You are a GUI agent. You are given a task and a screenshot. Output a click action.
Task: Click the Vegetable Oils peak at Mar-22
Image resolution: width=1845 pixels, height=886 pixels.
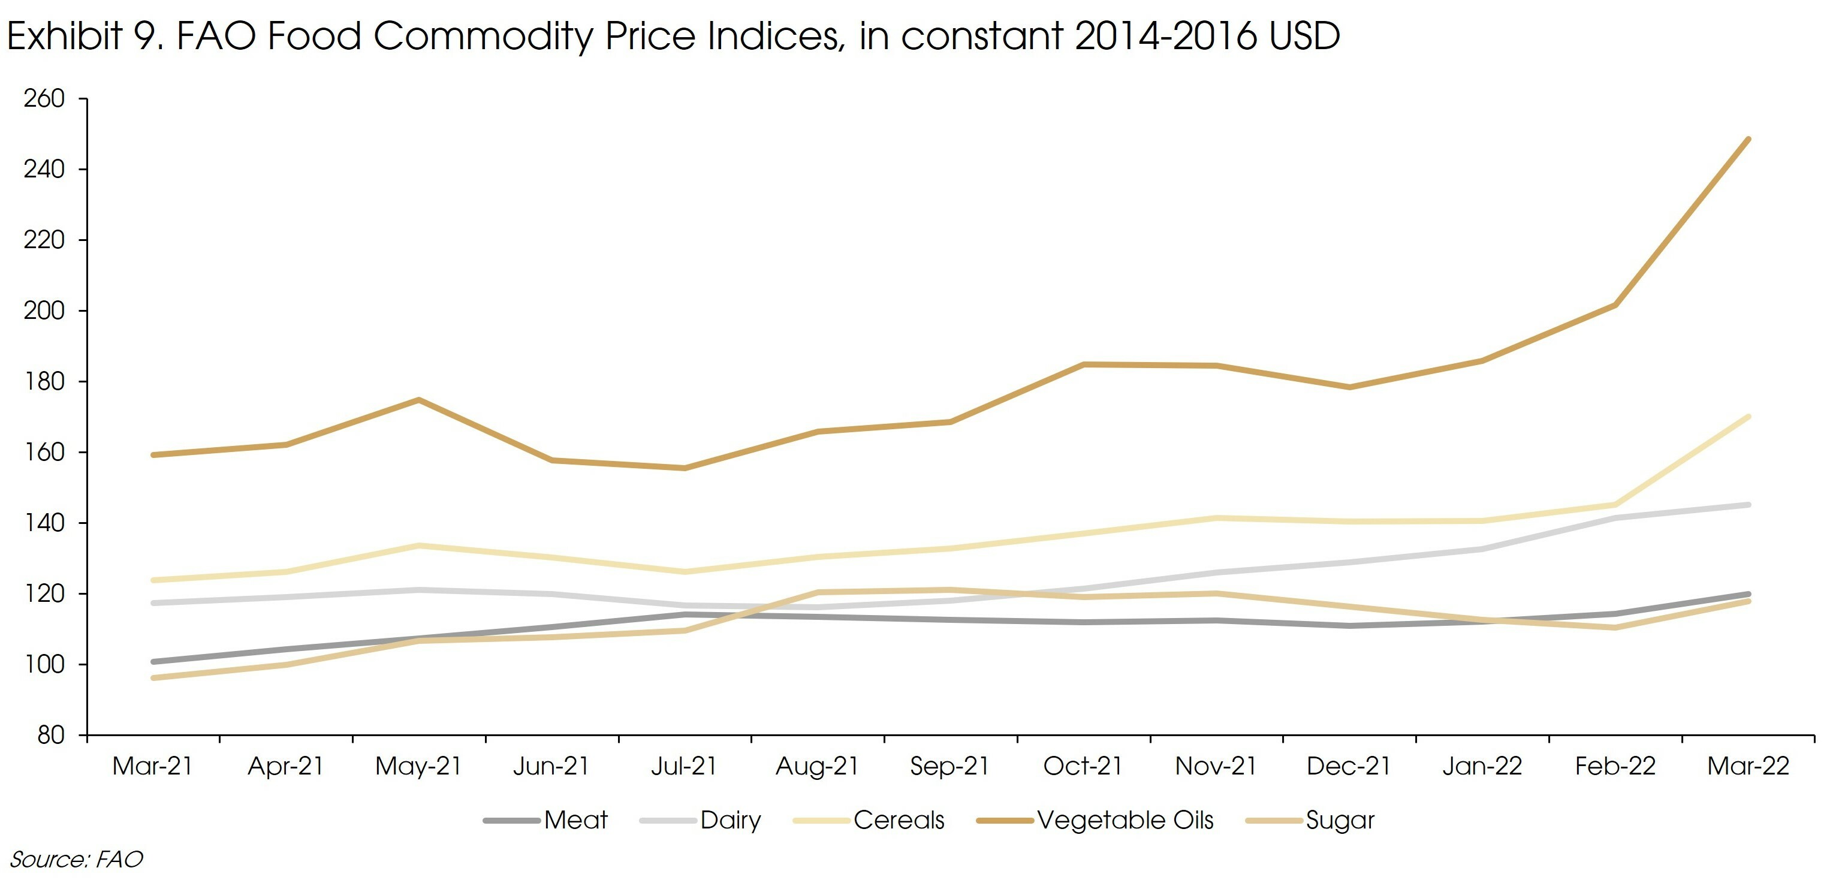point(1748,139)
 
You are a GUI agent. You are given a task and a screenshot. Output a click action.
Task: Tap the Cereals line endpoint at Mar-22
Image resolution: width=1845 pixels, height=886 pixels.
point(1748,416)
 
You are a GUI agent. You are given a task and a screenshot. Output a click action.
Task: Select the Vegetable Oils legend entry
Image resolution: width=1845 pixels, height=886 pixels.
point(1096,820)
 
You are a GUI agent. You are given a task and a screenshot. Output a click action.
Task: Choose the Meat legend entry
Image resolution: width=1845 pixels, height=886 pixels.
point(545,820)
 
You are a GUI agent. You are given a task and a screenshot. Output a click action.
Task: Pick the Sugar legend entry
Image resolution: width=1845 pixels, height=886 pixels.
point(1311,820)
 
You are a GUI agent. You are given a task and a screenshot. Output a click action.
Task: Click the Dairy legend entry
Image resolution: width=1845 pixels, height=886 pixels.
point(701,820)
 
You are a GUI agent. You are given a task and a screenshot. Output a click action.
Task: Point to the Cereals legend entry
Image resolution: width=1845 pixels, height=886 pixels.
point(870,820)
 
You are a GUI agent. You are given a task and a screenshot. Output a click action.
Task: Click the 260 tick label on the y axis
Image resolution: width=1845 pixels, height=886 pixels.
point(44,99)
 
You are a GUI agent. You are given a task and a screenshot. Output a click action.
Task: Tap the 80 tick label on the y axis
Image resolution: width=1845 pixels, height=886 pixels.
point(51,736)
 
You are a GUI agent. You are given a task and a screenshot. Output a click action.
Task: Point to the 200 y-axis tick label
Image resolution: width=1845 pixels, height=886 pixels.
point(44,311)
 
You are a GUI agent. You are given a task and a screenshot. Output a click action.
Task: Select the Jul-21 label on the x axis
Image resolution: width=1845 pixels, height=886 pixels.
point(684,766)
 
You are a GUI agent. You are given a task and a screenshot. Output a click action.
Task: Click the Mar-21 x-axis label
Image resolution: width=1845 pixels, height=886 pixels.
point(153,766)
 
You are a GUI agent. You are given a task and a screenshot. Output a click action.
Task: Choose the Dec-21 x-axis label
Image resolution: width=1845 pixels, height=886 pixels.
point(1349,766)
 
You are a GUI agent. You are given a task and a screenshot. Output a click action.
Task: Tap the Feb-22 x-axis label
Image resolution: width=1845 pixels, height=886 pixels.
point(1615,766)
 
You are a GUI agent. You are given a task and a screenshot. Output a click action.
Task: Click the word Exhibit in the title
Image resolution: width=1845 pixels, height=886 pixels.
point(65,36)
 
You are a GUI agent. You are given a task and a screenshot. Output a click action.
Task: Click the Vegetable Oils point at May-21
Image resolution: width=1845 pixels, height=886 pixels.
point(419,400)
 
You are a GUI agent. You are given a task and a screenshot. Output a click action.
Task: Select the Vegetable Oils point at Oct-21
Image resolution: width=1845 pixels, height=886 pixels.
point(1084,364)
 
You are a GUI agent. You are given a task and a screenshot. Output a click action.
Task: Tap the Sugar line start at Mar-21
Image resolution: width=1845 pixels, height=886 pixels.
point(153,677)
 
